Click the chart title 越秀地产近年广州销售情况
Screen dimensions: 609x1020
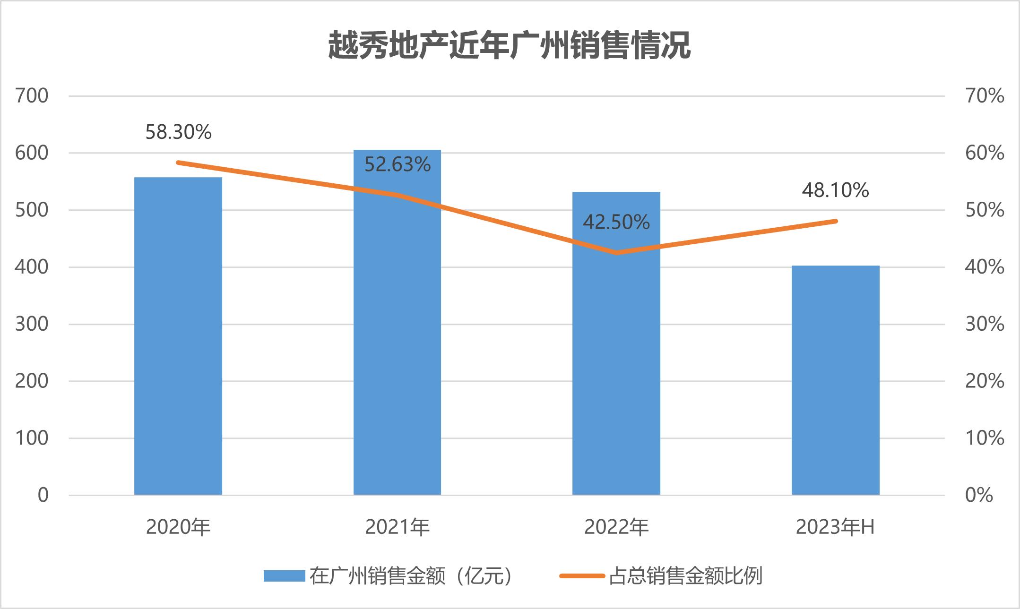click(510, 46)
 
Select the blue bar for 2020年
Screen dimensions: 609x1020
click(178, 336)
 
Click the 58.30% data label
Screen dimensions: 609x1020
click(178, 132)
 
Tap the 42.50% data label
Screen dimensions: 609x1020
click(616, 223)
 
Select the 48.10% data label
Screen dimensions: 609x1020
click(835, 190)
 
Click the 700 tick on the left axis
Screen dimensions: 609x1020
click(32, 96)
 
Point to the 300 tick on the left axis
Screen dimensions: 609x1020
click(32, 324)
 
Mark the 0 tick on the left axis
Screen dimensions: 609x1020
click(43, 495)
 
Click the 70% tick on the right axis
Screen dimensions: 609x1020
click(984, 96)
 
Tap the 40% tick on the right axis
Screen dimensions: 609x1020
click(984, 267)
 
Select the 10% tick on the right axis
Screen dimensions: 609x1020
click(984, 438)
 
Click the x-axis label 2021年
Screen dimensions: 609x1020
click(397, 527)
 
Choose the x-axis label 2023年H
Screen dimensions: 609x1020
click(835, 527)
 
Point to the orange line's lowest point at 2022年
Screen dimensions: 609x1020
click(616, 253)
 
